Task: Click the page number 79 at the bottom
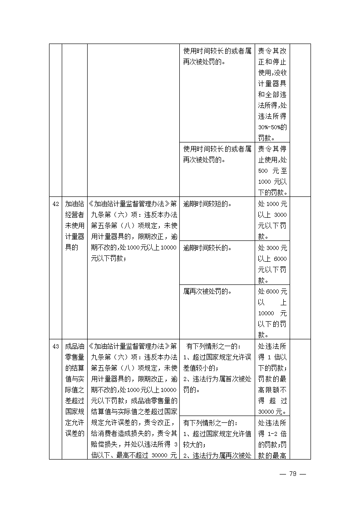pos(293,474)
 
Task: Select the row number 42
pos(55,204)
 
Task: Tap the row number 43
pos(55,347)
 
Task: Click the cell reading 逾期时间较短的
pos(207,204)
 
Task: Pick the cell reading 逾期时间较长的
pos(207,248)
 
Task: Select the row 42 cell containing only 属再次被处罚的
pos(207,292)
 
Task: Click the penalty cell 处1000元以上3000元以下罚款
pos(272,220)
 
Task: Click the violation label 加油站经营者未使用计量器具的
pos(74,225)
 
